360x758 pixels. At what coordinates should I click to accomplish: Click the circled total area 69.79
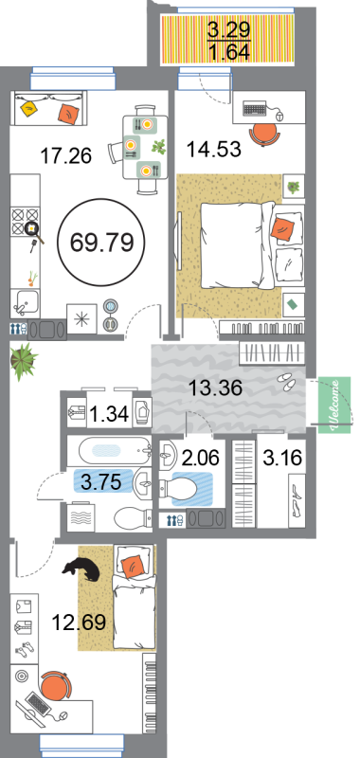[101, 243]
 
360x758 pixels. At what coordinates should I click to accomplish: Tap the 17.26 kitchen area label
[66, 156]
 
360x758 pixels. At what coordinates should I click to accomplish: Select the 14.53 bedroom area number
[214, 149]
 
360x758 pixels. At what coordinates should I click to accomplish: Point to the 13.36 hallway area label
[215, 388]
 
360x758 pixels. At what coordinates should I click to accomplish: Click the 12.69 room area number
[79, 623]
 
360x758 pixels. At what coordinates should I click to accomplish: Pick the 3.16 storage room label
[282, 457]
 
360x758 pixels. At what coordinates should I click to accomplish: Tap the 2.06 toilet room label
[200, 457]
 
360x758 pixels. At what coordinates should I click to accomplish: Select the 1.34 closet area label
[109, 414]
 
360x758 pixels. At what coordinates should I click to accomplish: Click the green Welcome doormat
[334, 405]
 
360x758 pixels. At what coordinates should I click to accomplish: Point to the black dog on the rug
[82, 569]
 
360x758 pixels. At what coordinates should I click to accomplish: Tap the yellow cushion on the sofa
[30, 108]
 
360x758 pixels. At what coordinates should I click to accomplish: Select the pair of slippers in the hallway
[286, 382]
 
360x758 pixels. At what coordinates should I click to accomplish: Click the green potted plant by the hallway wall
[24, 360]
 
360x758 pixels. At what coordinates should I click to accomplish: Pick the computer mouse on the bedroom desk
[280, 116]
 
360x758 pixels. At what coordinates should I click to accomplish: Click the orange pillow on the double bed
[281, 227]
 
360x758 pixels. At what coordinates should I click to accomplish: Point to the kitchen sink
[27, 304]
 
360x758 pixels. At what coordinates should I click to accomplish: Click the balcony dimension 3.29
[228, 30]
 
